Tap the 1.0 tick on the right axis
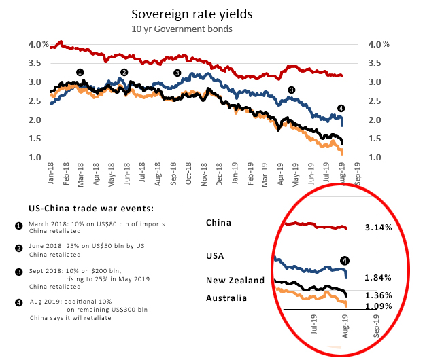[x=374, y=158]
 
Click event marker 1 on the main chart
[x=80, y=72]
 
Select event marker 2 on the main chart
[x=124, y=72]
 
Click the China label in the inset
[x=219, y=222]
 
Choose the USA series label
[x=216, y=256]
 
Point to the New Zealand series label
[x=235, y=281]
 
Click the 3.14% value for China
[x=378, y=228]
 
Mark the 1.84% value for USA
[x=378, y=278]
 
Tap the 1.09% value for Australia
[x=378, y=306]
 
